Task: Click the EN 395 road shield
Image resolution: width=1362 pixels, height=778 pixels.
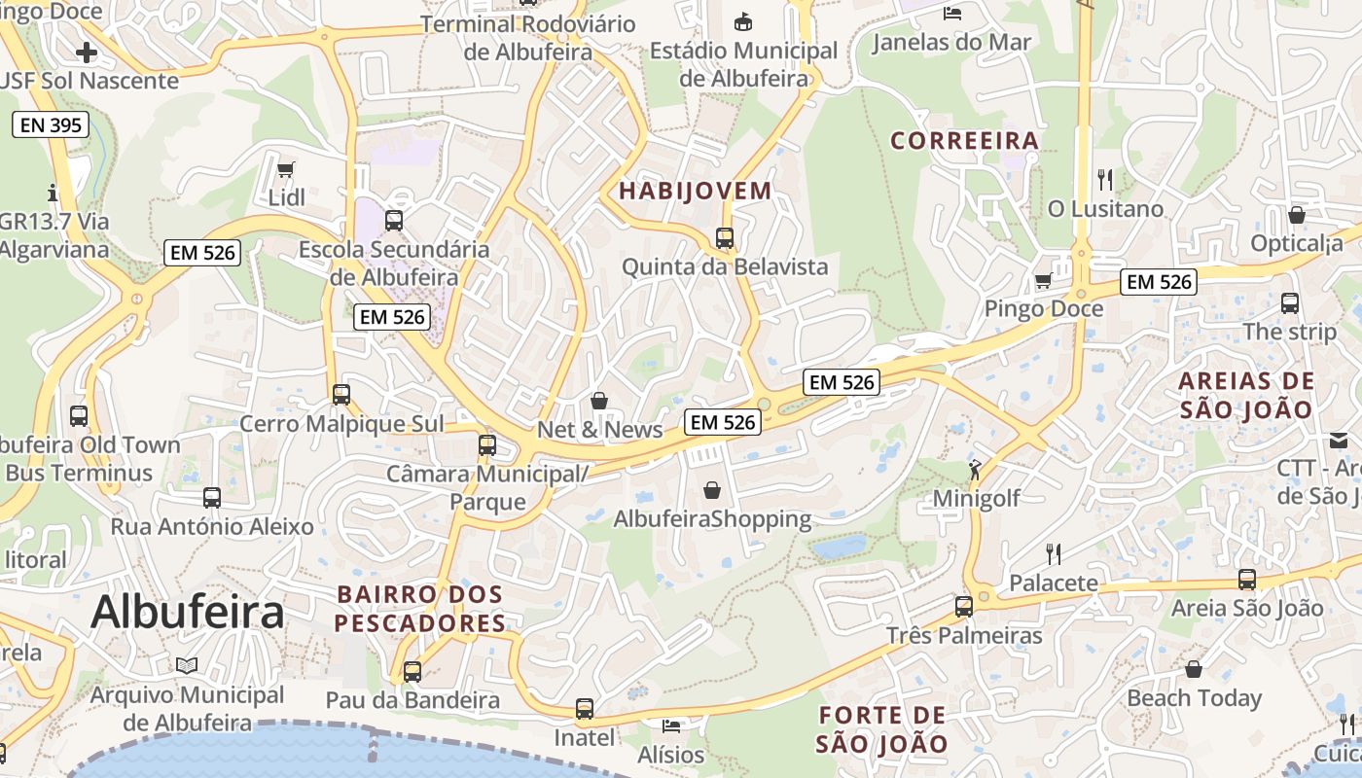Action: coord(51,124)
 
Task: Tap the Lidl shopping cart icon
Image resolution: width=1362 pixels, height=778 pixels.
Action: coord(285,170)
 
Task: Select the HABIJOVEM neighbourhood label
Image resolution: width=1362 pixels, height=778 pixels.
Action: coord(695,191)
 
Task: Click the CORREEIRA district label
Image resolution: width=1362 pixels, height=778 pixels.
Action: coord(964,141)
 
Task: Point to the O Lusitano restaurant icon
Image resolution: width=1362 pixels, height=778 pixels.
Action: coord(1104,180)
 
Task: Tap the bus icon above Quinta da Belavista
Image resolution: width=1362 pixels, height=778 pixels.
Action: coord(724,237)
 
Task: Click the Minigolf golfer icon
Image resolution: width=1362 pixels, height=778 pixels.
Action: coord(975,470)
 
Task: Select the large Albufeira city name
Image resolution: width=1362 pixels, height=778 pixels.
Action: coord(188,612)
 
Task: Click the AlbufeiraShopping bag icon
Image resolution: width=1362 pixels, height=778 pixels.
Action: coord(712,489)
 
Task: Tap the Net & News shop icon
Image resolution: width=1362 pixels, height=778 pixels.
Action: coord(599,401)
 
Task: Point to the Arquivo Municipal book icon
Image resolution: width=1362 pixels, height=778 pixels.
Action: coord(187,665)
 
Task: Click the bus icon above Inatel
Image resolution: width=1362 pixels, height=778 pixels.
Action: coord(584,709)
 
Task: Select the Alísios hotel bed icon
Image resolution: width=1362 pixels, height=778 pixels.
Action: coord(671,725)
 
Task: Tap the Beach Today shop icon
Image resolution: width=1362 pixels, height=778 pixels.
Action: coord(1193,669)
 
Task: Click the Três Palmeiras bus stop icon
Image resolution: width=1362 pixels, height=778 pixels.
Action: coord(963,607)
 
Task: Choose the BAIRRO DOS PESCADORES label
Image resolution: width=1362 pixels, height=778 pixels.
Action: coord(420,609)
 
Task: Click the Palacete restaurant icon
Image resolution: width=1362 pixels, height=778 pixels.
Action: coord(1053,554)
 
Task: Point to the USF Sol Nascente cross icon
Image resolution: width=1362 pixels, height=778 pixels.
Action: coord(87,52)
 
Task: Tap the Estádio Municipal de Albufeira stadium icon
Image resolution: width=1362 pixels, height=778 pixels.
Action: coord(743,20)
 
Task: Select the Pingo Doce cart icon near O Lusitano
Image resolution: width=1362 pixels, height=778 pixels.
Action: coord(1043,281)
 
